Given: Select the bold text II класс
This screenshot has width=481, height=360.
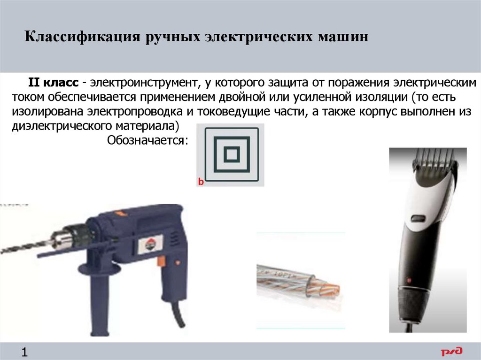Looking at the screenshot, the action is pyautogui.click(x=54, y=83).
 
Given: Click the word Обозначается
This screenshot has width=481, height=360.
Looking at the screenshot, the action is pyautogui.click(x=147, y=140).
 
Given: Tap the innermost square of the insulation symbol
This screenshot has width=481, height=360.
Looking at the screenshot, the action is pyautogui.click(x=232, y=154).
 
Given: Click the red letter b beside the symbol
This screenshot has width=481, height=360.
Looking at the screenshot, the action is pyautogui.click(x=201, y=182).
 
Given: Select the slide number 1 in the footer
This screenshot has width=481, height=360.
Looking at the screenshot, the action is pyautogui.click(x=24, y=352).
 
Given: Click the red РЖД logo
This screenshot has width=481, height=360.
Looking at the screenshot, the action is pyautogui.click(x=451, y=352).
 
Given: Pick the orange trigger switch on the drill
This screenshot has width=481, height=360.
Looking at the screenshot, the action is pyautogui.click(x=161, y=261).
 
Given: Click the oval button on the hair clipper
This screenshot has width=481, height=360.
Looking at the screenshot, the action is pyautogui.click(x=418, y=219).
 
